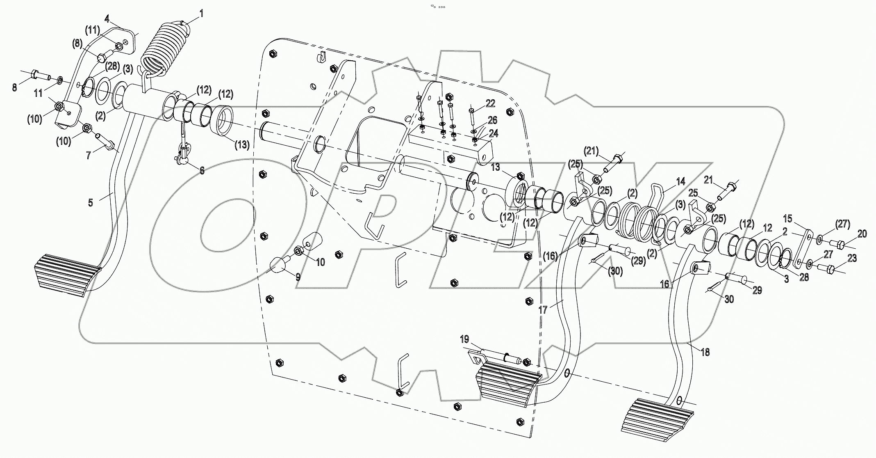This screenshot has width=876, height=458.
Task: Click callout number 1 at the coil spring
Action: tap(201, 14)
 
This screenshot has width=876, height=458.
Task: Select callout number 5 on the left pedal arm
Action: tap(91, 203)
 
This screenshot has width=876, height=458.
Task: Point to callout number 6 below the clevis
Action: tap(202, 170)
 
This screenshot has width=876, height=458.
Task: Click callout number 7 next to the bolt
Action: tap(89, 156)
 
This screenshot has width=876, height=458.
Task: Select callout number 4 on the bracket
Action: tap(107, 18)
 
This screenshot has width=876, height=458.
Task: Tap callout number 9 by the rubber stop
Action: tap(298, 277)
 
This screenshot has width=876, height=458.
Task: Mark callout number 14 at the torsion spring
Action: tap(680, 181)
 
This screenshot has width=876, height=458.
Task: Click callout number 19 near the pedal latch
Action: tap(464, 339)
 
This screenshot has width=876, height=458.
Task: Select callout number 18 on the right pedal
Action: tap(705, 352)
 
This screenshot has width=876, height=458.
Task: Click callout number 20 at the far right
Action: tap(862, 234)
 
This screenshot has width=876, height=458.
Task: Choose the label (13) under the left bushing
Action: tap(242, 144)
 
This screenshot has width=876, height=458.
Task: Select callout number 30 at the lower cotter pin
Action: tap(728, 300)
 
